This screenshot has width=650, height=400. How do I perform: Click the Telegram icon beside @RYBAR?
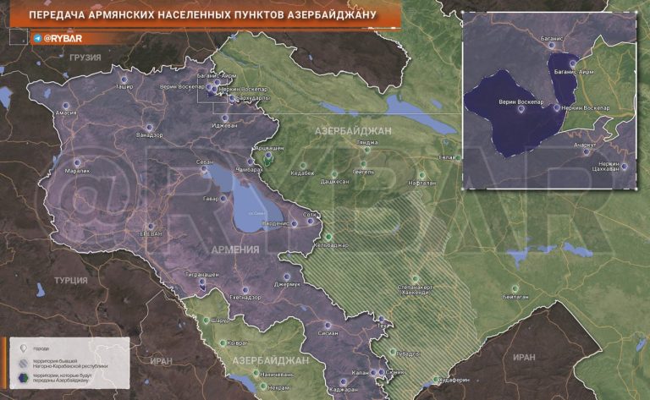click(x=37, y=38)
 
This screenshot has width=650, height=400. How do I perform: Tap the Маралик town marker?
click(x=78, y=161)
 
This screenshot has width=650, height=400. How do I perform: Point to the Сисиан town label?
click(x=328, y=333)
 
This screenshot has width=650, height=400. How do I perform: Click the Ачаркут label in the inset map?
click(x=584, y=145)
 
